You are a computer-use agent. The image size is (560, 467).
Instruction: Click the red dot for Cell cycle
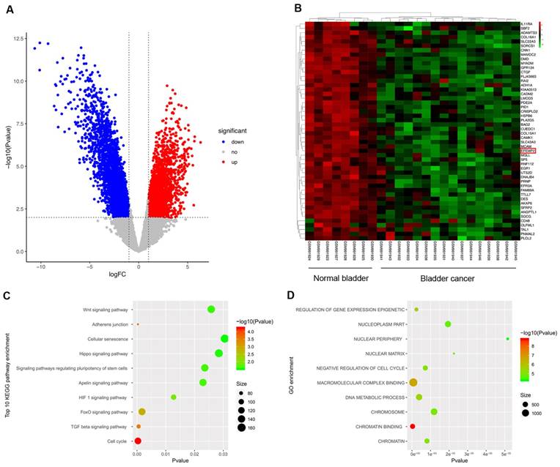pos(138,441)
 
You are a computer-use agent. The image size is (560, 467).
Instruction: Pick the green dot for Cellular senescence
pos(224,339)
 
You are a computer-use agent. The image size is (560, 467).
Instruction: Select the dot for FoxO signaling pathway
pos(141,412)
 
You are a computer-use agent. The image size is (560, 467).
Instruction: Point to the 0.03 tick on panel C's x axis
pos(224,454)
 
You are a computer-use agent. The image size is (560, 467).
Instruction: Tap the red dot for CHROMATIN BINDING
pos(413,426)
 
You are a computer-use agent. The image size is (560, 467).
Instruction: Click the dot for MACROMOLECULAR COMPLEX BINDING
pos(413,382)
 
